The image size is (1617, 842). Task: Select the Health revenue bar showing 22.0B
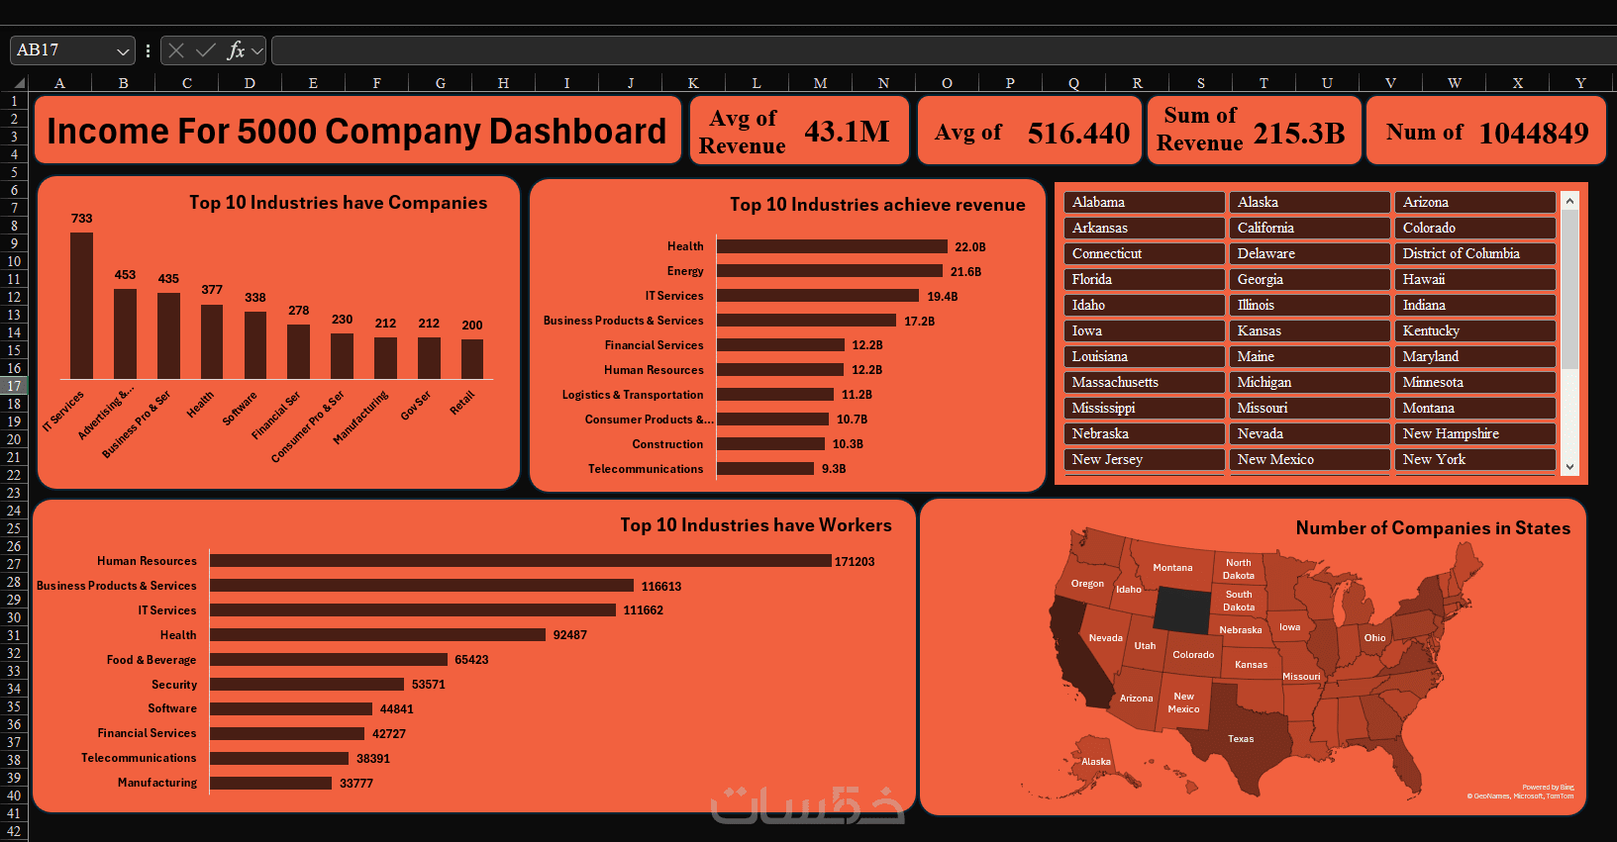[832, 246]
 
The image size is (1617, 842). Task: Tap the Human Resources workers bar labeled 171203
[520, 561]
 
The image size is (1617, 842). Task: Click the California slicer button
[1309, 228]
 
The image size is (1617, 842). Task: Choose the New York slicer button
[1474, 459]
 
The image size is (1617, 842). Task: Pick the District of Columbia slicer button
[1474, 253]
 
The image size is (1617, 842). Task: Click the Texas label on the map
[1241, 739]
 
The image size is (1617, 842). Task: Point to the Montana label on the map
[1172, 568]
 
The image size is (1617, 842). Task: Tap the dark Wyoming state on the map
[1182, 610]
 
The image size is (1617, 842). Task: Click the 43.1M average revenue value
[847, 132]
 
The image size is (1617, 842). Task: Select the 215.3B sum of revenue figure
[1299, 133]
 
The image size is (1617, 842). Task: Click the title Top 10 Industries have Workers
[756, 525]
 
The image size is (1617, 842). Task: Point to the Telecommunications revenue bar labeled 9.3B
[765, 469]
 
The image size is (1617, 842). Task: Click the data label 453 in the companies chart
[125, 275]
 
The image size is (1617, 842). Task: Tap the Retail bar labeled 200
[472, 358]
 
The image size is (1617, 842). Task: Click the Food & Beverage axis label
[152, 660]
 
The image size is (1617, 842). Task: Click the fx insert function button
[236, 50]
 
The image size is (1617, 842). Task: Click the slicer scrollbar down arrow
[1569, 466]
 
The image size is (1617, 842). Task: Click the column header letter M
[820, 83]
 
